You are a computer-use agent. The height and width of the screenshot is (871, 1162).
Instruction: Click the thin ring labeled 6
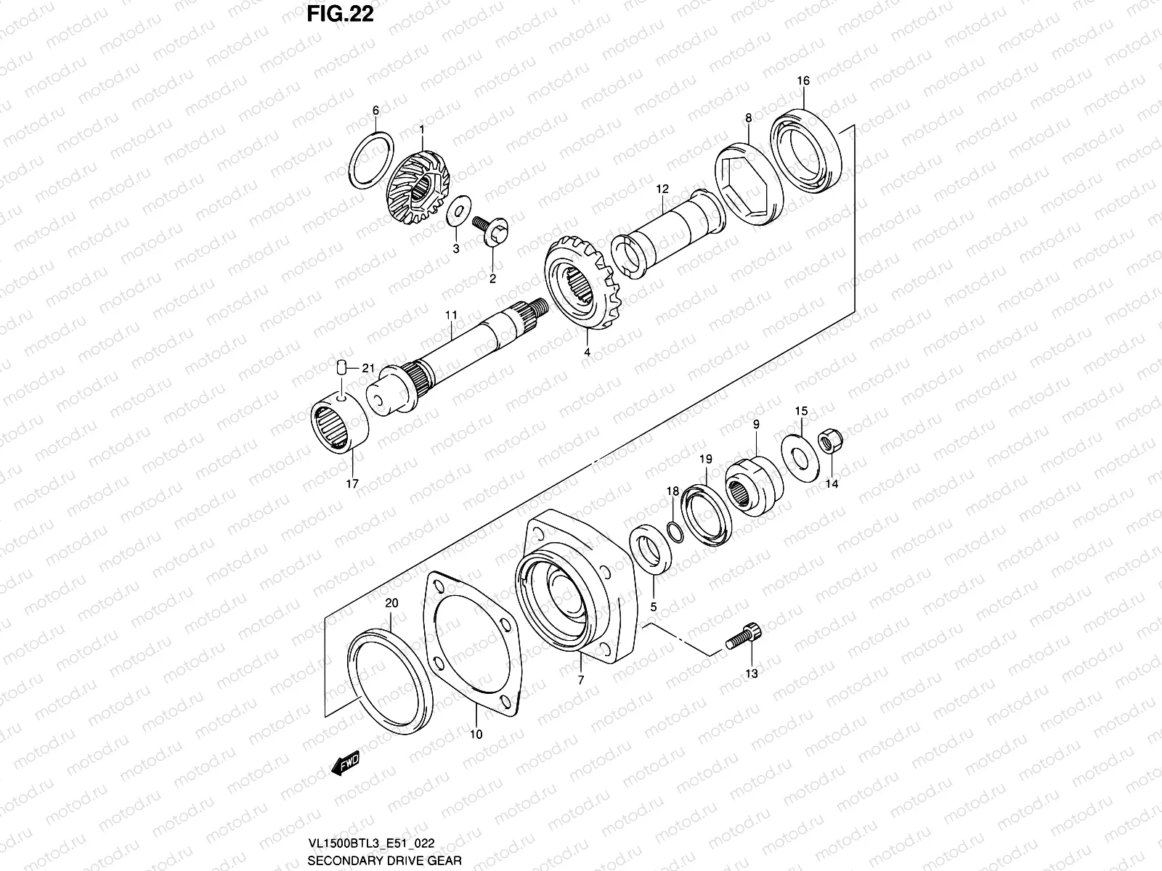click(x=373, y=157)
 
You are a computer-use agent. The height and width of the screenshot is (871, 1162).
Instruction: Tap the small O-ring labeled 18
click(x=674, y=531)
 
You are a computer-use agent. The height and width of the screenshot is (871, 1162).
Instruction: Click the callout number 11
click(x=451, y=315)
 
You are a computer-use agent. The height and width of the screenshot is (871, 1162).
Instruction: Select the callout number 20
click(x=391, y=603)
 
